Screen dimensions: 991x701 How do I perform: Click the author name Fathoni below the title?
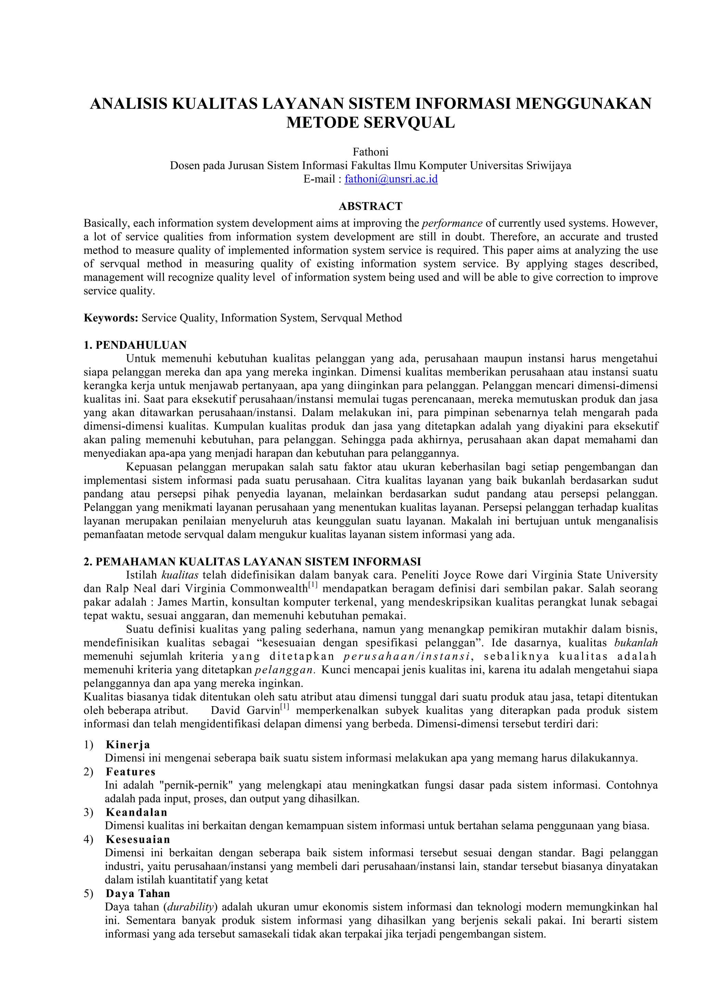click(371, 152)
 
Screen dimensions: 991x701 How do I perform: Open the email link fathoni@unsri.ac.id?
click(391, 179)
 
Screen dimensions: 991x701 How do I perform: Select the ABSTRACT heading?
click(371, 206)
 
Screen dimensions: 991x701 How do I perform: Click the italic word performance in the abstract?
click(452, 224)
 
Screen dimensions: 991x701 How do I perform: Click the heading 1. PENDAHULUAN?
click(135, 345)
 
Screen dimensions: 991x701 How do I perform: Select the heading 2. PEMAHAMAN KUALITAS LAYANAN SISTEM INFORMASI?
click(252, 561)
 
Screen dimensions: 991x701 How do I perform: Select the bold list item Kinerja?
click(128, 744)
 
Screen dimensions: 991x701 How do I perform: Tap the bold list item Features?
click(130, 772)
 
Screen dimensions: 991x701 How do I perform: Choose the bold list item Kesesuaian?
click(138, 840)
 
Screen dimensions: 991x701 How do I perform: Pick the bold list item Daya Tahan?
click(138, 894)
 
